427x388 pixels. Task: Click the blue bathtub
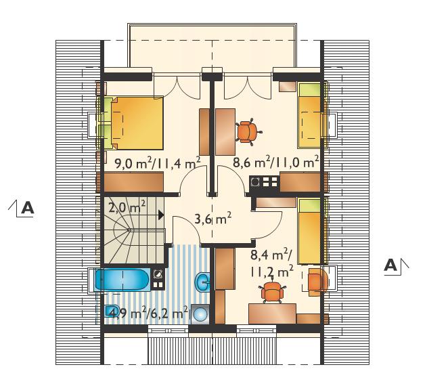pos(122,280)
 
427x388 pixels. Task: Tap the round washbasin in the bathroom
pos(202,282)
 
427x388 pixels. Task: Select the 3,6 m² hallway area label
pos(213,219)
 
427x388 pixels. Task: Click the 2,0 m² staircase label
pos(127,208)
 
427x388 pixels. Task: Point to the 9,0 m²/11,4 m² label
pos(158,163)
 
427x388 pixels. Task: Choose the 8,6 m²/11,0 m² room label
pos(275,163)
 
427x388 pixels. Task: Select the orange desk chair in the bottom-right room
pos(272,292)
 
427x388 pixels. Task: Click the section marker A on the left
pos(24,208)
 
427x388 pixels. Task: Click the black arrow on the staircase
pos(161,215)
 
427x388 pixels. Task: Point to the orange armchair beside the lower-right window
pos(317,283)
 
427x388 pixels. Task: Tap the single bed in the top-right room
pos(309,116)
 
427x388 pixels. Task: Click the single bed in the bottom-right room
pos(309,231)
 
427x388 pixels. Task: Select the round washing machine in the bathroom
pos(200,314)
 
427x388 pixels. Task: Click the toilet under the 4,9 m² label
pos(112,311)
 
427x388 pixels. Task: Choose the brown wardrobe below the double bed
pos(133,181)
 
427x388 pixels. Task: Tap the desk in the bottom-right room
pos(272,314)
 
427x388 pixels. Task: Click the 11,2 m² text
pos(271,272)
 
